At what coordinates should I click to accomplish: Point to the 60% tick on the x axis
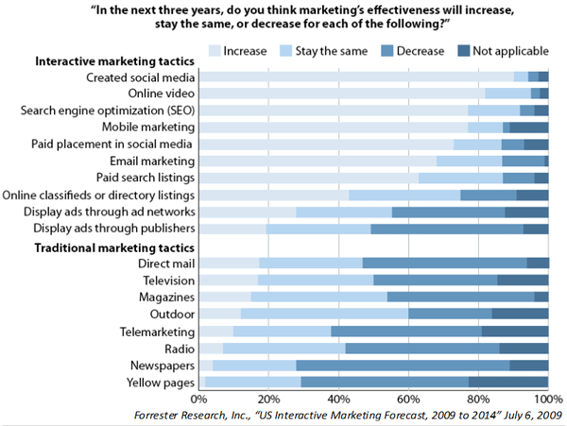[x=408, y=398]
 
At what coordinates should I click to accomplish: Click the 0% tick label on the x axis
[x=201, y=398]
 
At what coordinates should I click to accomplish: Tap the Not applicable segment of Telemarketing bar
[x=514, y=332]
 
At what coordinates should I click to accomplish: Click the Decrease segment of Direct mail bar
[x=444, y=264]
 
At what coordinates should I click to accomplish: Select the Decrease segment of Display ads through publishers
[x=446, y=229]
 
